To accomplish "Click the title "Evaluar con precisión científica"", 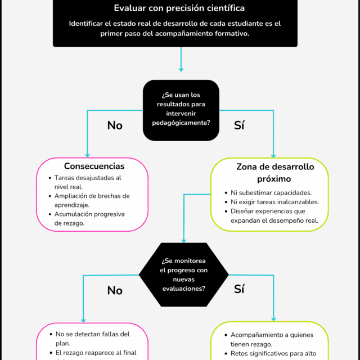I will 179,8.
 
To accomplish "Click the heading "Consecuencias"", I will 94,166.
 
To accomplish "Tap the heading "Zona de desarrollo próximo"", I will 275,173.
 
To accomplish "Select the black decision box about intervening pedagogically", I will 181,110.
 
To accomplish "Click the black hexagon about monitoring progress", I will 183,275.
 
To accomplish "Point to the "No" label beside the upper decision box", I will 115,125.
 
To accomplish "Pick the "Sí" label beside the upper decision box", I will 240,125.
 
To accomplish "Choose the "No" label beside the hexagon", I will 115,290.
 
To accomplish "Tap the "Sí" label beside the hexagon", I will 240,290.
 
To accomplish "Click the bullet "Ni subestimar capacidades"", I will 267,192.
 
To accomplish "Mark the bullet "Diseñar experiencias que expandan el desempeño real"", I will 274,216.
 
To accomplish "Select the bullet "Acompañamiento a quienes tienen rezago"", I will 267,340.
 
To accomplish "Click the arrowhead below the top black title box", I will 181,69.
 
